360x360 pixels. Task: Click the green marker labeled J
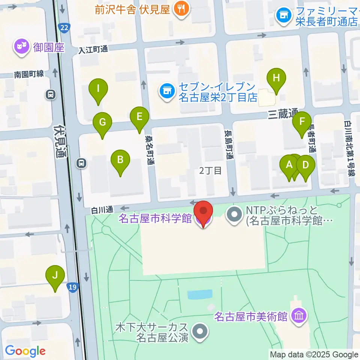click(55, 276)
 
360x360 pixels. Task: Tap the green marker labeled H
click(276, 79)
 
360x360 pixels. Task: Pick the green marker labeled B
click(120, 160)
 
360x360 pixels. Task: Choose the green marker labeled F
click(302, 122)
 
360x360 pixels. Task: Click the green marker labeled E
click(139, 117)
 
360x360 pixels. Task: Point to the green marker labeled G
click(102, 123)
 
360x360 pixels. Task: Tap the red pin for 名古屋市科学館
click(203, 212)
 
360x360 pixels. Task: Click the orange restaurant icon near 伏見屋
click(181, 9)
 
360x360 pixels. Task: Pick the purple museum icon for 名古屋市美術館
click(299, 316)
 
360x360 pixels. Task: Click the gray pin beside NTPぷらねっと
click(235, 215)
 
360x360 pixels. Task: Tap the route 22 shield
click(63, 27)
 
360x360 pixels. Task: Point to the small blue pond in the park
click(199, 295)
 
